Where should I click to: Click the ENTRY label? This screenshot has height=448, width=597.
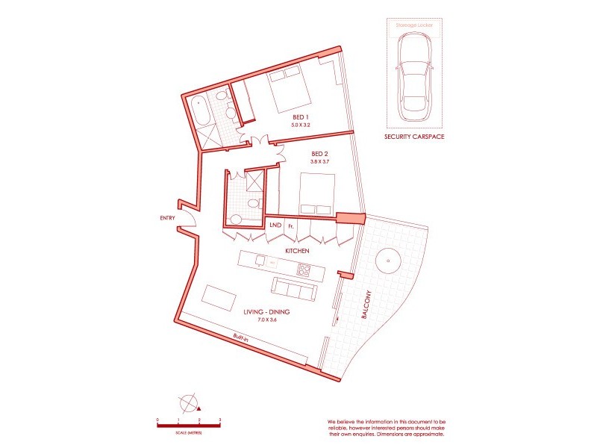(167, 218)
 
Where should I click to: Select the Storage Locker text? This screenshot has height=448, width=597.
(413, 25)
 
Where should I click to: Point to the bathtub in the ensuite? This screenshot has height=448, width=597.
(199, 114)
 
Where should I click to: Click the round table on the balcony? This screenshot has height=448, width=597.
(388, 261)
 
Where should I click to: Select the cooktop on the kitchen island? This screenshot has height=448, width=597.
(304, 269)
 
